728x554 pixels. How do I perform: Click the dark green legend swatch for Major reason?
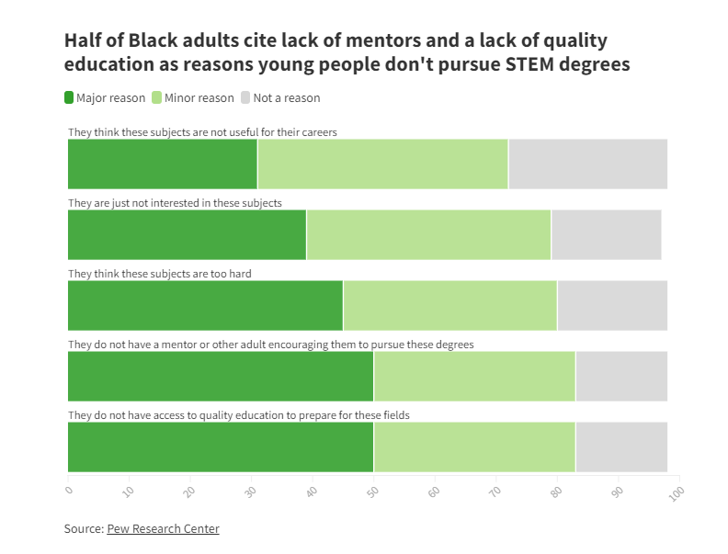[69, 97]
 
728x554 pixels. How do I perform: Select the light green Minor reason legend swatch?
[156, 97]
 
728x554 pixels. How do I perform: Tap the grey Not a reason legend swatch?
[245, 97]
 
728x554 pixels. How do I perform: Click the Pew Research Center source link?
[163, 528]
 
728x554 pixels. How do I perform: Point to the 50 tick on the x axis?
[372, 492]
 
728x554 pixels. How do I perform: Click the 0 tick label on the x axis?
[69, 492]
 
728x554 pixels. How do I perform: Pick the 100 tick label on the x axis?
[677, 493]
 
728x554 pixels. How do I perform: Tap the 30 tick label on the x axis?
[250, 492]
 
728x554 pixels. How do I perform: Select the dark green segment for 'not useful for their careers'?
[163, 164]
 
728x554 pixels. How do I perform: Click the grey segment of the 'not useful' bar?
[587, 164]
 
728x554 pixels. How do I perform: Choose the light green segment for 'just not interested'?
[428, 234]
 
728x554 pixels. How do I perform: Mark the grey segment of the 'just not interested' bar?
[606, 234]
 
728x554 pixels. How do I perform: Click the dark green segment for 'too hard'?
[205, 305]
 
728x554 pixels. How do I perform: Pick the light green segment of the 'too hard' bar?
[449, 305]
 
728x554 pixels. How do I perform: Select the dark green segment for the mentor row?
[221, 377]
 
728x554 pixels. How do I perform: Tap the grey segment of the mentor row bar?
[620, 377]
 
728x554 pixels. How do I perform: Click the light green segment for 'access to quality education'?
[474, 447]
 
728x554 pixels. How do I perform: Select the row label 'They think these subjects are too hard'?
[160, 274]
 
